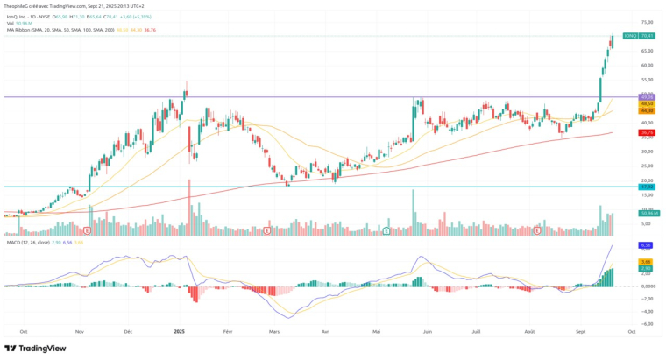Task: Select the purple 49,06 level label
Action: pos(648,96)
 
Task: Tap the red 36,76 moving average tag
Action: pos(648,132)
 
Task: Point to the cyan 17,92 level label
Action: pos(648,187)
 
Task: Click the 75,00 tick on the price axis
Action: pos(648,22)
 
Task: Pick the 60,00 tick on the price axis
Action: pos(648,65)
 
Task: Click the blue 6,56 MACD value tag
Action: pos(647,245)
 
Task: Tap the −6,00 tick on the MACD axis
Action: pos(647,323)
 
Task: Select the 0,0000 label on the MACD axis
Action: pos(647,286)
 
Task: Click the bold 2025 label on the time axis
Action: pos(179,331)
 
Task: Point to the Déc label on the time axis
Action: pos(128,331)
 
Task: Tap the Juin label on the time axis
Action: pos(428,331)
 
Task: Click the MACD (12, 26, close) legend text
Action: pos(27,242)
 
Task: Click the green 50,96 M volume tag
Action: pos(648,213)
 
